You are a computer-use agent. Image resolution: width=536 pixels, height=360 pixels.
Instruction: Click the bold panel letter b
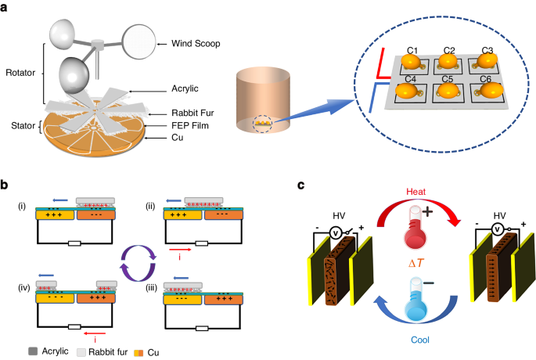point(5,185)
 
